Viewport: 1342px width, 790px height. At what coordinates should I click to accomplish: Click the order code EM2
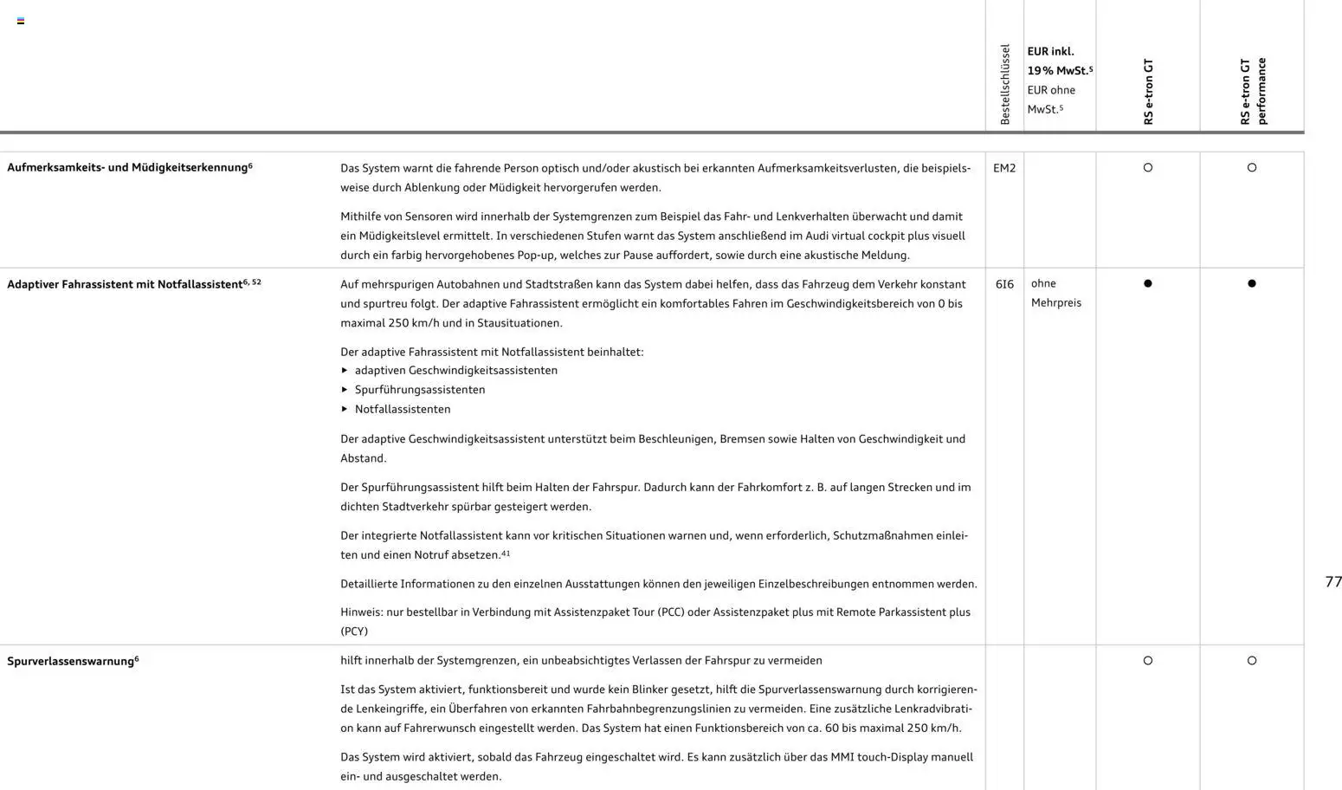[1004, 168]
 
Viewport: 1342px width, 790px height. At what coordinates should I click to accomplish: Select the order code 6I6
[1004, 284]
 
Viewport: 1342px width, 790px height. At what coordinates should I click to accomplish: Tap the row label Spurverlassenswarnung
[71, 661]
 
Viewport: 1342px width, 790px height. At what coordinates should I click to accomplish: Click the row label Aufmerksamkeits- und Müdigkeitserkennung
[127, 167]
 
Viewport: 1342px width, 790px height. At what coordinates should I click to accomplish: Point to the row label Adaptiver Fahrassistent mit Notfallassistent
[125, 284]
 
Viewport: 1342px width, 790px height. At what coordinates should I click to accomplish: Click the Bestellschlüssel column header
[1004, 84]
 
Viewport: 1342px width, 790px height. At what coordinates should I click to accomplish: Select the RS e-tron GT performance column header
[1252, 91]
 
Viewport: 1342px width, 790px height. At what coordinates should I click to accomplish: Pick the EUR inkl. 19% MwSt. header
[1059, 61]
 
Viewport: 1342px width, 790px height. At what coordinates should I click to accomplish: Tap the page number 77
[1333, 581]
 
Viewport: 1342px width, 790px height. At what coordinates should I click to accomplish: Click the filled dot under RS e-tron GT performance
[1252, 283]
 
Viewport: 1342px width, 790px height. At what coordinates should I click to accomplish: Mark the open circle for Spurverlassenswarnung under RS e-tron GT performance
[1252, 661]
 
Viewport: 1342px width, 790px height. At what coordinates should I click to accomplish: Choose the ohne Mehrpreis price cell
[1055, 293]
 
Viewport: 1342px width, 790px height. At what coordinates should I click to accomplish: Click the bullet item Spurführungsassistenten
[420, 390]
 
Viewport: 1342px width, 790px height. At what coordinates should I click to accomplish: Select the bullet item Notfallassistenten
[403, 409]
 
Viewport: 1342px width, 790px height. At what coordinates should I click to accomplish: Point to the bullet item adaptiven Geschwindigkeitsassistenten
[456, 370]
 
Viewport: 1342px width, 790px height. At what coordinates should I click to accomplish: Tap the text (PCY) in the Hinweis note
[354, 631]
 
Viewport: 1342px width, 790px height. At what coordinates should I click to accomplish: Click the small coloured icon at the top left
[21, 21]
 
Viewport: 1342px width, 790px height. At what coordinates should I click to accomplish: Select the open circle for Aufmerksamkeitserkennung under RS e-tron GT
[1148, 168]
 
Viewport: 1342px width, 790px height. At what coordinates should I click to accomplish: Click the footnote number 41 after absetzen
[506, 553]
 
